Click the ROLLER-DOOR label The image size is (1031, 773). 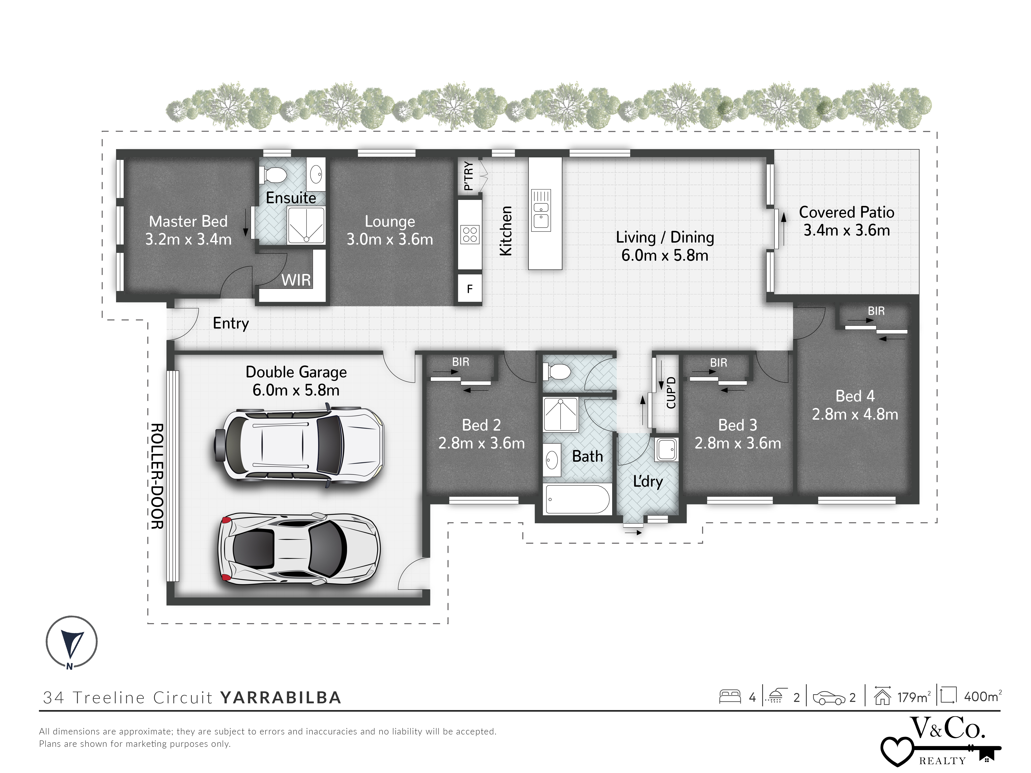[157, 476]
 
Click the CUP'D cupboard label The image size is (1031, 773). [671, 393]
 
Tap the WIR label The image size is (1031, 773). [296, 280]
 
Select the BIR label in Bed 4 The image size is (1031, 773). [876, 311]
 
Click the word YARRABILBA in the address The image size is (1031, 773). [281, 698]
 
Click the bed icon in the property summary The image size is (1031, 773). [730, 697]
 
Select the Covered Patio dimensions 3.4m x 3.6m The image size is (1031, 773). [846, 230]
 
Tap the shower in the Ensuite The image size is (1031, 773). [306, 226]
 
